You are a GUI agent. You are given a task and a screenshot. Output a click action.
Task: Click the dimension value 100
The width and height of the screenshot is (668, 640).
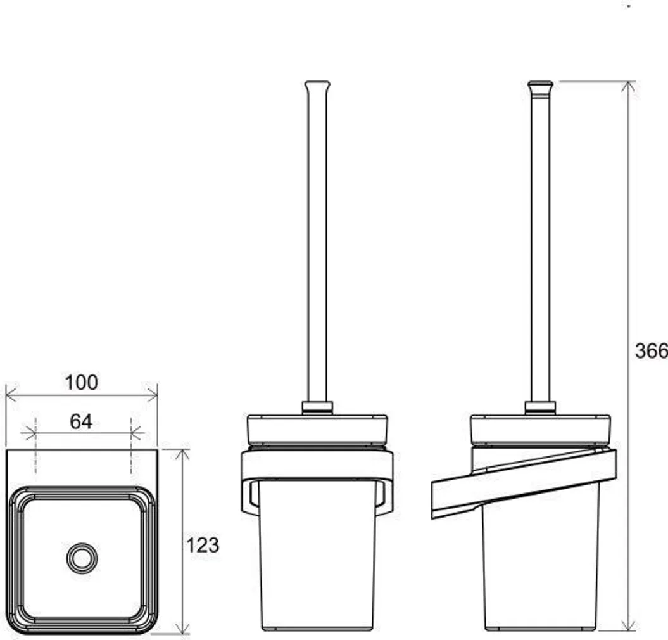[82, 383]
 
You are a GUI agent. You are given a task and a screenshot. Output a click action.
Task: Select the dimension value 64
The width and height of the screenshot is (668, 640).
[81, 421]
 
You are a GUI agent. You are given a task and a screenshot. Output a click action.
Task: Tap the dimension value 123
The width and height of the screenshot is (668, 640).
[203, 544]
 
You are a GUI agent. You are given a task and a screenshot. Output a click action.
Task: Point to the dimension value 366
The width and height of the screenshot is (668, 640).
[651, 350]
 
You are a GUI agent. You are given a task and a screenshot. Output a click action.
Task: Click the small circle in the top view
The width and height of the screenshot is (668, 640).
[82, 558]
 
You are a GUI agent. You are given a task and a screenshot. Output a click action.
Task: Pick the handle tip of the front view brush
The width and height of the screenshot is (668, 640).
[317, 85]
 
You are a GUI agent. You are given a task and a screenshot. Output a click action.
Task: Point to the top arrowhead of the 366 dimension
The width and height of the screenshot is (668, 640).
[627, 87]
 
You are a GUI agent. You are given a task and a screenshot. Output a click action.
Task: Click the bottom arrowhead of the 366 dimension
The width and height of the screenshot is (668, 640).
[627, 625]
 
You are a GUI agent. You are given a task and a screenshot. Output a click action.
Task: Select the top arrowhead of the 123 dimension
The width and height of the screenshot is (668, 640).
[182, 454]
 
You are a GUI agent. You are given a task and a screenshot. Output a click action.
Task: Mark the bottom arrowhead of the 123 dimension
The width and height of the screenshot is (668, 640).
[182, 629]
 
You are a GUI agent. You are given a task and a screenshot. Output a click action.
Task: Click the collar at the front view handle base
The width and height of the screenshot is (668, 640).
[317, 407]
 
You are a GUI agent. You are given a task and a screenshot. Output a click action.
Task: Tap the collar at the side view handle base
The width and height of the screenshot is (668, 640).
[540, 407]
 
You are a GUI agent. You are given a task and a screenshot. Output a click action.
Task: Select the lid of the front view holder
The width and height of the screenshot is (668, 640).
[317, 428]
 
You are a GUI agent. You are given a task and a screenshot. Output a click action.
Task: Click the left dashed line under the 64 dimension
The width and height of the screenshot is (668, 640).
[35, 446]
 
